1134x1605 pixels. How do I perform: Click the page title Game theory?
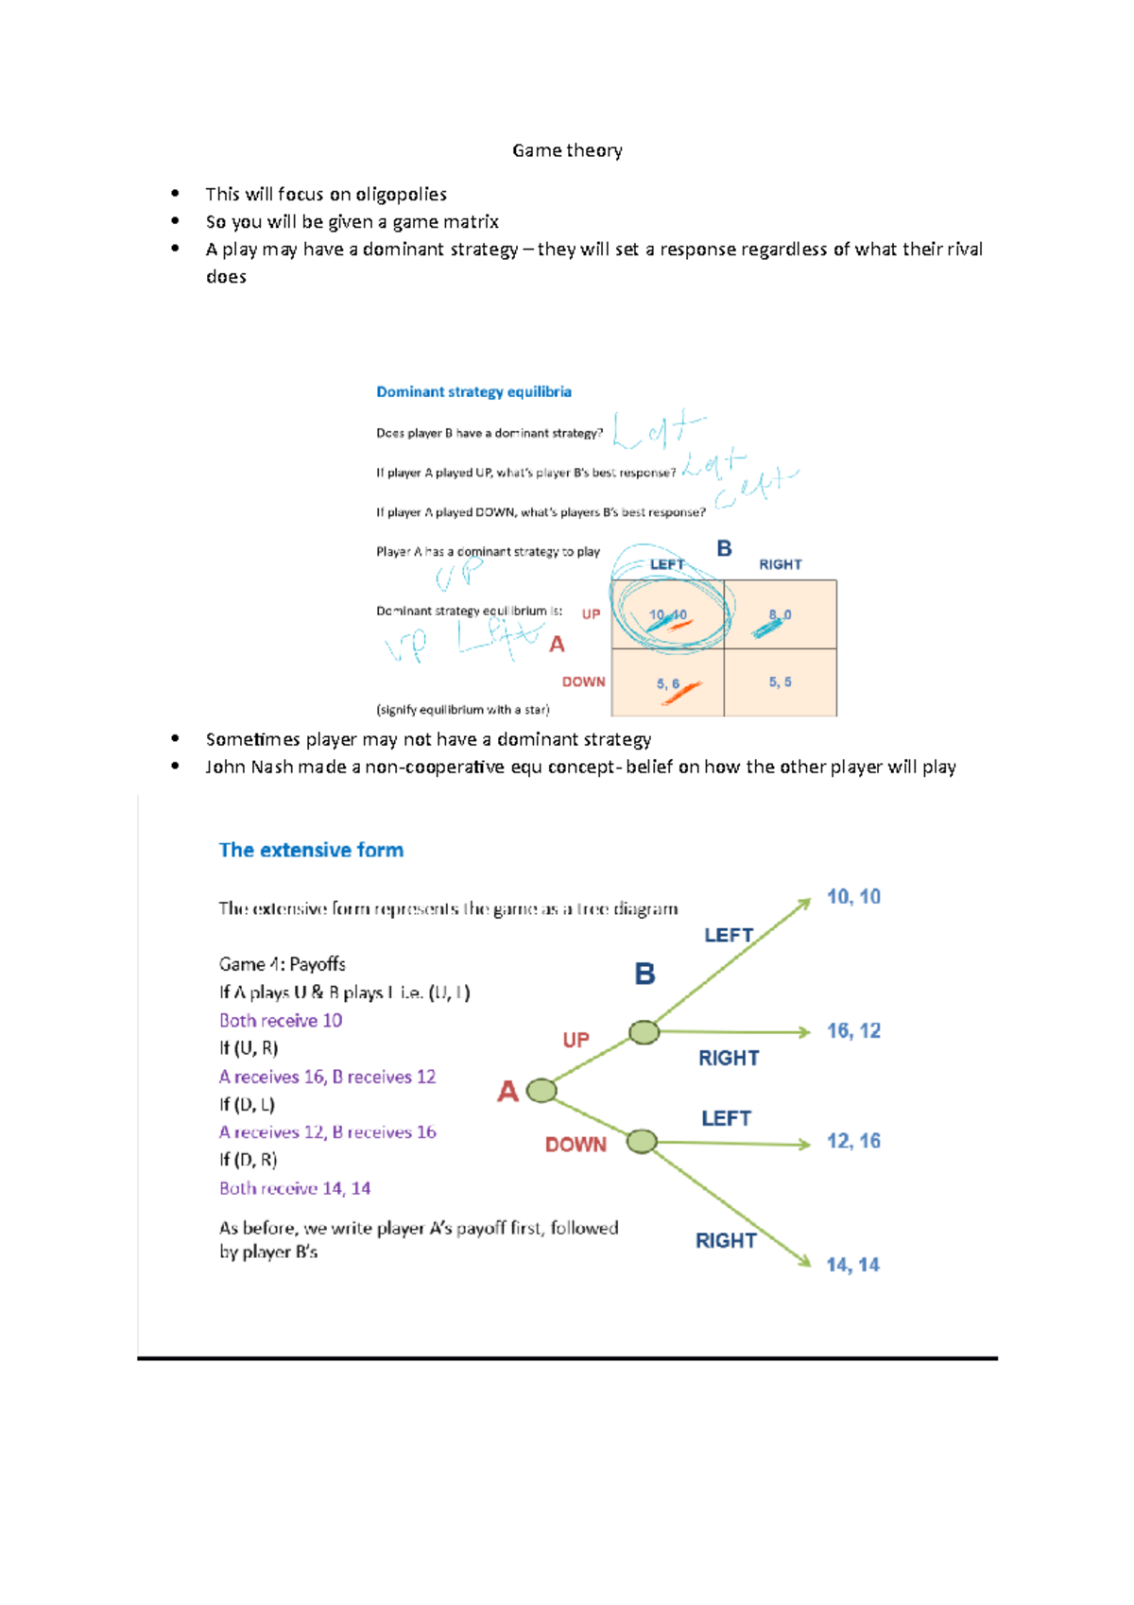pos(567,150)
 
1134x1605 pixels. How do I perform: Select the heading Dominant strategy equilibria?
pos(473,391)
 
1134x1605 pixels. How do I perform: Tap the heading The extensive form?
pos(311,850)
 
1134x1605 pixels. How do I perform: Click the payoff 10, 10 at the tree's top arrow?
pos(853,897)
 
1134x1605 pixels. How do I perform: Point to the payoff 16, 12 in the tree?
pos(853,1031)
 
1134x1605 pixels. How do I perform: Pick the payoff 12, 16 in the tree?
pos(853,1141)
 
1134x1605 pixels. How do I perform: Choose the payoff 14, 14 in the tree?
pos(852,1265)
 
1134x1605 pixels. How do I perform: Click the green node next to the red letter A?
pos(541,1091)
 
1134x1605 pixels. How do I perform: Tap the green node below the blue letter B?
pos(644,1032)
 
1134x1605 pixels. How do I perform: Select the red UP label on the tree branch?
pos(576,1040)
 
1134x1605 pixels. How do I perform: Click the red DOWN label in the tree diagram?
pos(576,1145)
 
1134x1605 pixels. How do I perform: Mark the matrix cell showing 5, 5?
pos(780,682)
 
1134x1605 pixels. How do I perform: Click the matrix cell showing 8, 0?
pos(780,615)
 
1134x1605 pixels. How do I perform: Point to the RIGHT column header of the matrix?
pos(780,564)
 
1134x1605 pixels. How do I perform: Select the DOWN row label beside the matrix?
pos(583,682)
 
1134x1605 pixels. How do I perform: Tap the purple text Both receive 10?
pos(281,1021)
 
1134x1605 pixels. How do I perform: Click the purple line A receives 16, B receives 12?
pos(327,1077)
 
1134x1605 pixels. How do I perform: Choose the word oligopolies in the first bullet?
pos(401,195)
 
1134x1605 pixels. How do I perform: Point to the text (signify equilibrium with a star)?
pos(462,710)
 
